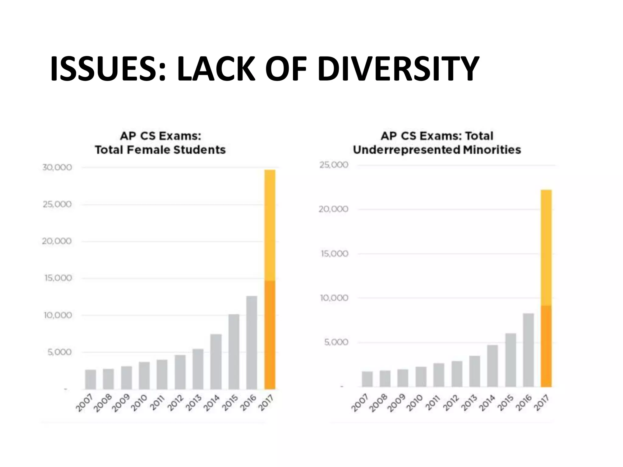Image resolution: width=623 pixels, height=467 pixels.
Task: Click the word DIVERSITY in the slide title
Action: [x=398, y=69]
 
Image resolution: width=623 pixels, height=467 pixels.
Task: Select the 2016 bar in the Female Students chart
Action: [x=252, y=342]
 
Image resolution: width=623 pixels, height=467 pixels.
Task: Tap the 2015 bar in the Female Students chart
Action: [x=234, y=351]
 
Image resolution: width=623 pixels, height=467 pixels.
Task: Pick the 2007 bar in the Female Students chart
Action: [x=91, y=379]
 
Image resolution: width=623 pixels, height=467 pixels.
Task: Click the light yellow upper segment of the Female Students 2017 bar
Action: [x=270, y=225]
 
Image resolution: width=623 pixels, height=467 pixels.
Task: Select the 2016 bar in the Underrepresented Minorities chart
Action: [x=528, y=350]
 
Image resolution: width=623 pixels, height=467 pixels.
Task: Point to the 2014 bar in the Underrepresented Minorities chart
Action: [x=492, y=365]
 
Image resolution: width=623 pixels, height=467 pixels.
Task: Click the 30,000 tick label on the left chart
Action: [x=57, y=168]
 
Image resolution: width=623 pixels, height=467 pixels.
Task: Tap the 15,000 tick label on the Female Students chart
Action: [x=58, y=278]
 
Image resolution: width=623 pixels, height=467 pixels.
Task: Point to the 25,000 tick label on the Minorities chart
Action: [x=334, y=165]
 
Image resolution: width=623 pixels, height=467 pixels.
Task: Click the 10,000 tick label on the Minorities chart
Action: [x=334, y=298]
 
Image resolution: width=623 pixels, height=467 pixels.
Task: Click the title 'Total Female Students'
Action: [x=160, y=150]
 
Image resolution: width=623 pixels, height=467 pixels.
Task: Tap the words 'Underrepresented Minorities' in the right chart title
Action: [x=437, y=150]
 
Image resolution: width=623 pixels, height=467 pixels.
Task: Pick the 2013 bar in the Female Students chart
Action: [x=198, y=369]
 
